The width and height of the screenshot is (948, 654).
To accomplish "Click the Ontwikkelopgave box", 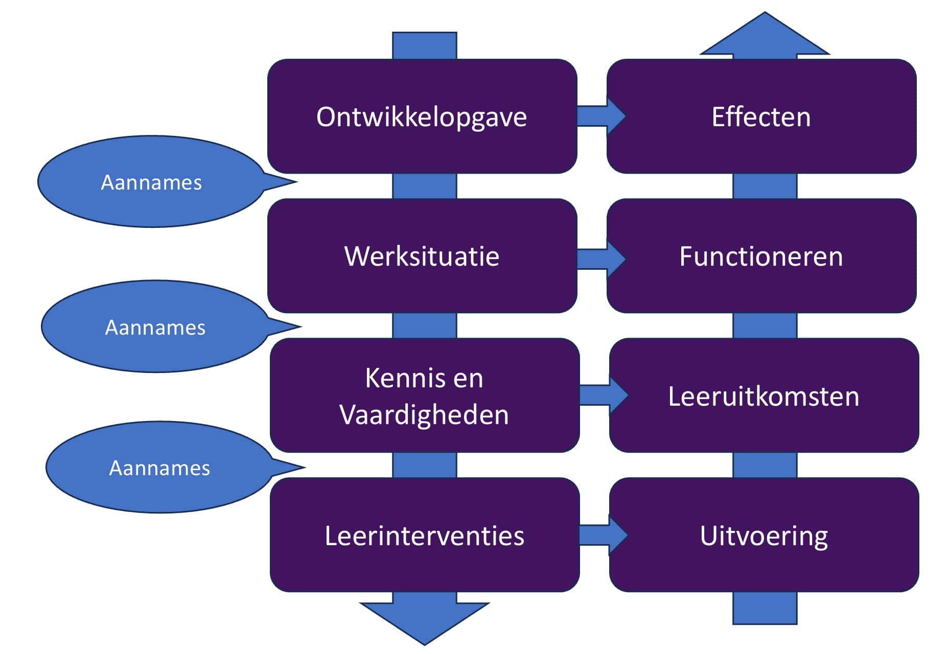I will (x=422, y=116).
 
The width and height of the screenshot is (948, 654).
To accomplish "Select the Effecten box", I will (x=761, y=116).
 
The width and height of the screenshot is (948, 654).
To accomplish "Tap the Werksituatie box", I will (x=422, y=256).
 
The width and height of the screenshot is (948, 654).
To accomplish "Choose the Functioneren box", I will (x=761, y=256).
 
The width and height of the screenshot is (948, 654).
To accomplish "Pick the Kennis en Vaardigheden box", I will (x=424, y=395).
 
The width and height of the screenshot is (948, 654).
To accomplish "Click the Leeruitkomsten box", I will (x=764, y=395).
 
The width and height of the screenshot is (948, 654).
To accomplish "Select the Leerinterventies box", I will (x=424, y=535).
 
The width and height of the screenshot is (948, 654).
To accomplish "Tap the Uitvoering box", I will (x=764, y=535).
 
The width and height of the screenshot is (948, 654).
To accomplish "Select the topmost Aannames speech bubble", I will (x=152, y=182).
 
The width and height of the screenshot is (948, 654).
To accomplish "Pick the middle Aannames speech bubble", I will (x=155, y=327).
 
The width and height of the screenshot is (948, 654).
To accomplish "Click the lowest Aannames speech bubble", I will (x=159, y=468).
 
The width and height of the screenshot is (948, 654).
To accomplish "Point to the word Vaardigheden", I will (x=424, y=414).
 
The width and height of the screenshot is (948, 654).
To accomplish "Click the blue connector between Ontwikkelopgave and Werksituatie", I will (x=424, y=186).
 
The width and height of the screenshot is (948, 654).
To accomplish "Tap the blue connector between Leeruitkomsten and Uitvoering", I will (x=765, y=465).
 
